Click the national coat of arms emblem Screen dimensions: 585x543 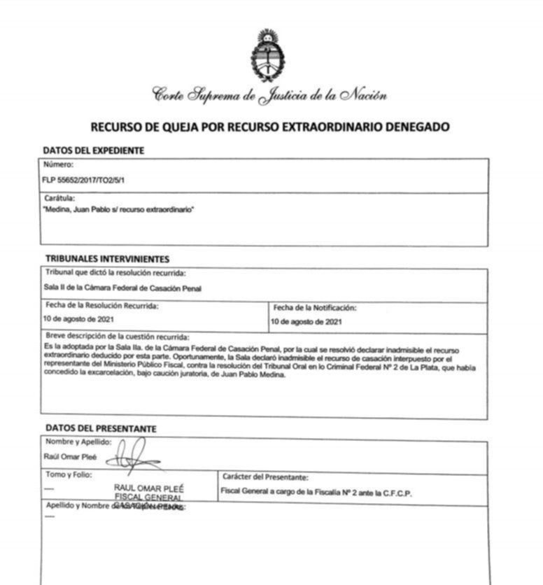coord(265,56)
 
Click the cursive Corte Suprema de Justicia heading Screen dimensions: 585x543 coord(269,95)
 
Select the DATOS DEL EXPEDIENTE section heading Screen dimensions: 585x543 coord(94,150)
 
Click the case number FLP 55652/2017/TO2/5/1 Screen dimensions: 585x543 coord(85,180)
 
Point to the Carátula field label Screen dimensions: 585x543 coord(59,199)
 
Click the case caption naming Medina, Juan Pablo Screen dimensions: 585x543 coord(118,209)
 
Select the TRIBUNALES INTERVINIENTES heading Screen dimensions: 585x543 coord(107,259)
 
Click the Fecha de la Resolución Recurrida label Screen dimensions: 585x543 coord(102,306)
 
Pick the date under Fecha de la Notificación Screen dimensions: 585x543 coord(305,322)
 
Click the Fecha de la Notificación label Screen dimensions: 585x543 coord(315,307)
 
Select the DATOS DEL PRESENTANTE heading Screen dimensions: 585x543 coord(101,428)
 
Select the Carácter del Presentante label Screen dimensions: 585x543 coord(265,477)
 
